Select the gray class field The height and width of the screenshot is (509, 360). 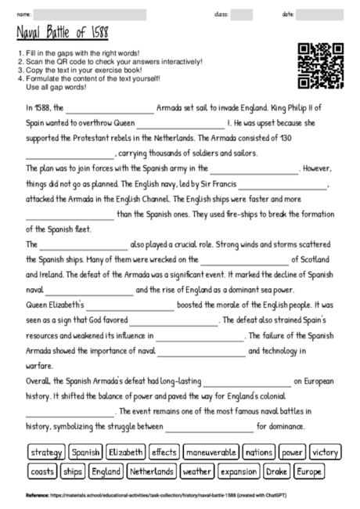pyautogui.click(x=242, y=14)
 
